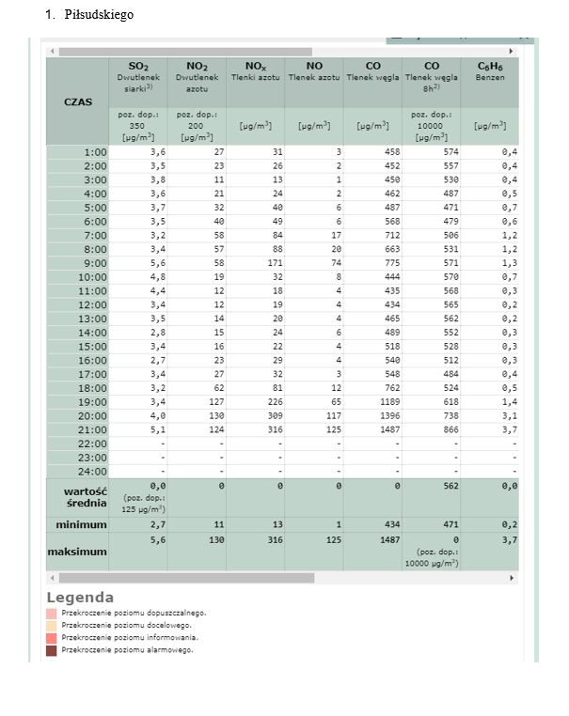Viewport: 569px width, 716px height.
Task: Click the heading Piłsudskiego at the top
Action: point(98,15)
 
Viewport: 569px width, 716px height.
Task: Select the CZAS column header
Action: point(77,101)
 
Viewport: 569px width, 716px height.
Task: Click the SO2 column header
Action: point(139,67)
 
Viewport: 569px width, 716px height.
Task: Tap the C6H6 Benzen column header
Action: point(489,67)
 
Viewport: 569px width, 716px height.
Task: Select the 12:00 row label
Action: point(95,304)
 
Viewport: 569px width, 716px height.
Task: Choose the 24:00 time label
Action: point(95,471)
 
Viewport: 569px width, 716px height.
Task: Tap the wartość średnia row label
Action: point(77,496)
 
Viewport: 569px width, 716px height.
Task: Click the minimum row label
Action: point(81,524)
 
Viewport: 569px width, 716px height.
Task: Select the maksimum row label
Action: point(77,551)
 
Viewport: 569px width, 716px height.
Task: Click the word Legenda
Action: point(80,598)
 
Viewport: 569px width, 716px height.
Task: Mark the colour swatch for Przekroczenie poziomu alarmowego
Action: point(51,649)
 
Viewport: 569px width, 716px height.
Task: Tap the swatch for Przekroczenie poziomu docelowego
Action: point(51,625)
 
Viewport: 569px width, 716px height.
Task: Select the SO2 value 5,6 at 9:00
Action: point(157,263)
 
